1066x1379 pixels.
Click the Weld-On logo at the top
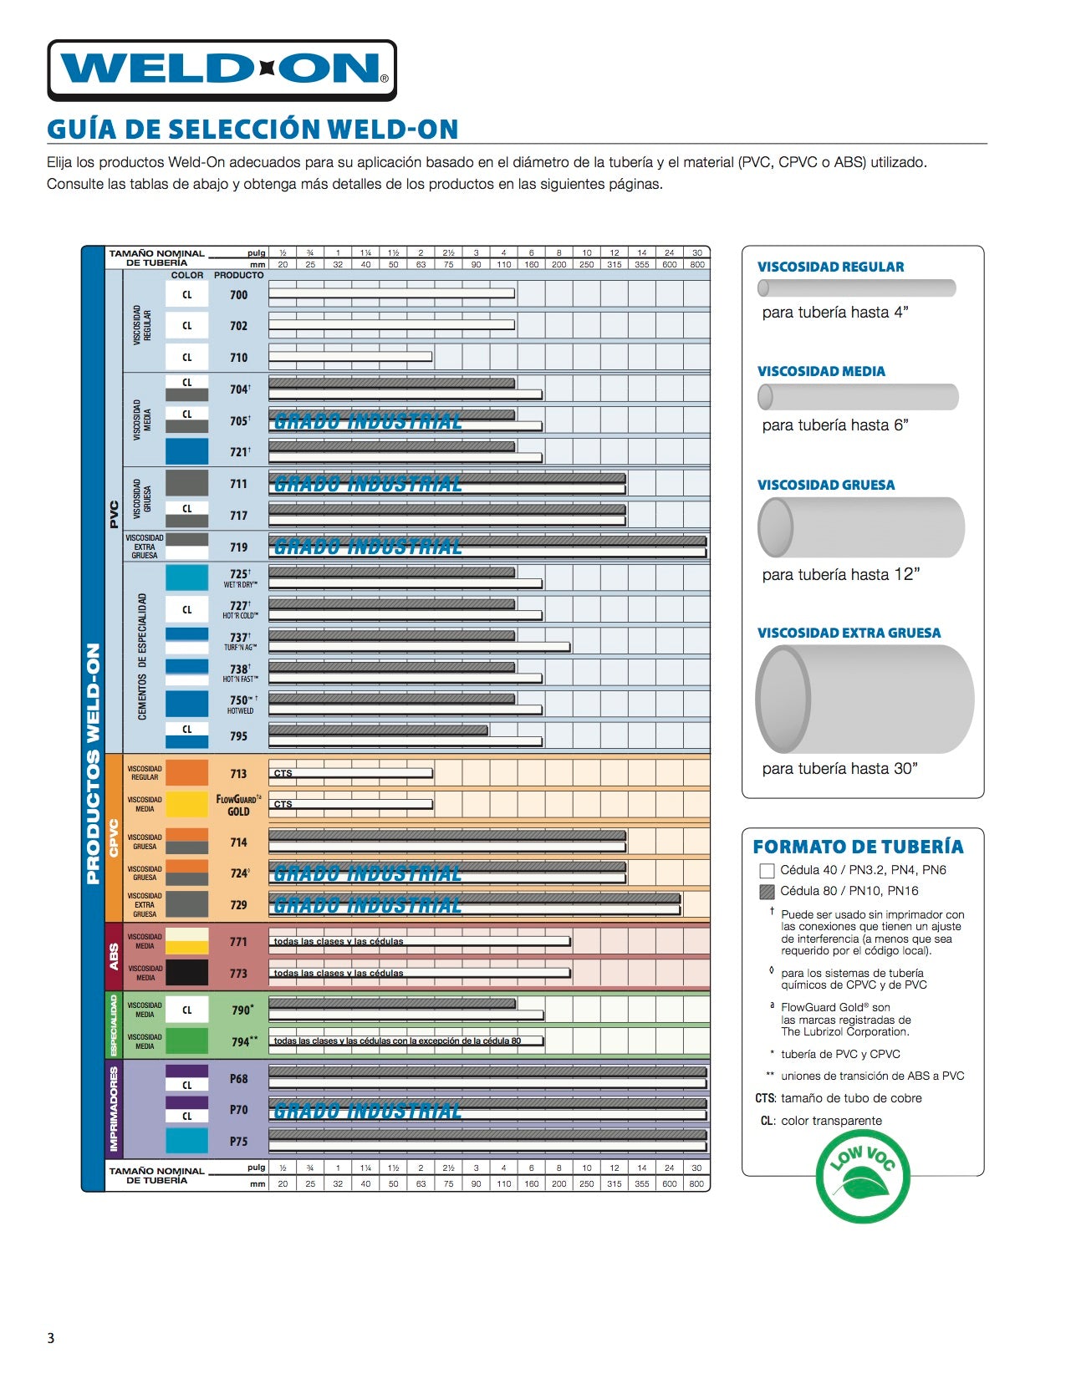pyautogui.click(x=222, y=70)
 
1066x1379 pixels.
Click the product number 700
pyautogui.click(x=239, y=295)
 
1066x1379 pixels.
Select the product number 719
pyautogui.click(x=239, y=547)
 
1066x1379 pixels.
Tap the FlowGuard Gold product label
pyautogui.click(x=238, y=805)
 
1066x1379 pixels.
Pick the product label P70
pyautogui.click(x=239, y=1110)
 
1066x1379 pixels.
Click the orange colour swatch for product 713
pyautogui.click(x=186, y=773)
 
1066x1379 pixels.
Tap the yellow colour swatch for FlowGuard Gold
pyautogui.click(x=186, y=804)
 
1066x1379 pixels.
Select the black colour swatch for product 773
pyautogui.click(x=186, y=973)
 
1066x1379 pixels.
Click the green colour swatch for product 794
pyautogui.click(x=186, y=1041)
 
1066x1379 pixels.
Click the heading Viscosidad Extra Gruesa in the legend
pyautogui.click(x=849, y=633)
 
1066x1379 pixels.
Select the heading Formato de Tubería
pyautogui.click(x=858, y=847)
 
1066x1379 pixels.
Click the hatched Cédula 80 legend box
pyautogui.click(x=767, y=892)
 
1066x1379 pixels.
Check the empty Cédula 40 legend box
pyautogui.click(x=767, y=871)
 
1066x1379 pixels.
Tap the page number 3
pyautogui.click(x=51, y=1338)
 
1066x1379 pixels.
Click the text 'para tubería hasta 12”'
pyautogui.click(x=840, y=575)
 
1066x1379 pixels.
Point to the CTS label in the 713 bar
pyautogui.click(x=283, y=774)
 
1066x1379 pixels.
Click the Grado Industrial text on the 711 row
pyautogui.click(x=368, y=485)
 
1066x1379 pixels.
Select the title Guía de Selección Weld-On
pyautogui.click(x=252, y=130)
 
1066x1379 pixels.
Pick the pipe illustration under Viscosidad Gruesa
pyautogui.click(x=860, y=527)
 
